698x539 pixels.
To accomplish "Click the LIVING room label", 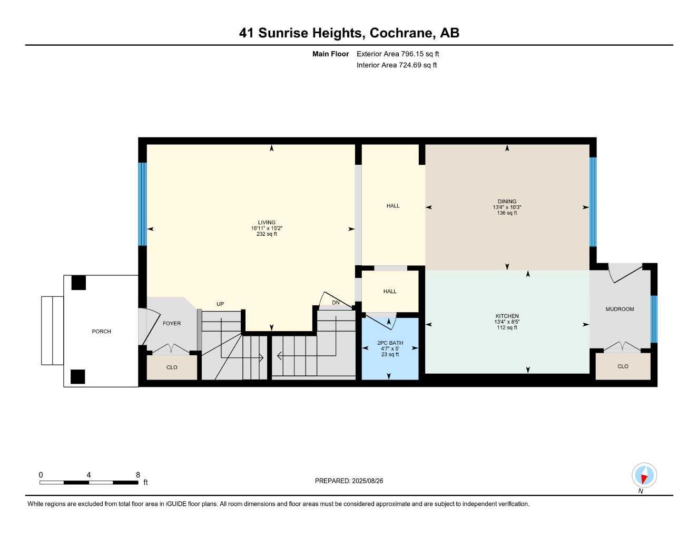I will [x=267, y=222].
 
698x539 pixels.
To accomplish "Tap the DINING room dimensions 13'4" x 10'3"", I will [x=507, y=207].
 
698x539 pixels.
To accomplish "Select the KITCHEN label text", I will [x=507, y=316].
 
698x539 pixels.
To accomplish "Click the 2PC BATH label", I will [x=390, y=343].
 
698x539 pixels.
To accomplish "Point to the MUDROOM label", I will [x=620, y=309].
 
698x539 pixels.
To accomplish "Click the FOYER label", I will [x=172, y=323].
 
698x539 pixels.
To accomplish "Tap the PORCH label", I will [x=101, y=331].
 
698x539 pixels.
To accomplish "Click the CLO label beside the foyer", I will [x=172, y=367].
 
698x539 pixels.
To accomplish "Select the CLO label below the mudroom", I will [x=623, y=366].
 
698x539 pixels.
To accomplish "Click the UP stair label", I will [x=220, y=304].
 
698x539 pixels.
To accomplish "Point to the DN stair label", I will [x=336, y=302].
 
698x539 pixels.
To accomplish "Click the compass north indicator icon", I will [x=644, y=475].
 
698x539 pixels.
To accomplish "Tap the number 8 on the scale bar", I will [x=138, y=475].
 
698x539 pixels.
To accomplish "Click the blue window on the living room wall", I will [x=142, y=204].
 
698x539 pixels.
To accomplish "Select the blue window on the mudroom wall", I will [x=654, y=319].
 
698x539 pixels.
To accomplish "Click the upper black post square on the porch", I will [x=78, y=283].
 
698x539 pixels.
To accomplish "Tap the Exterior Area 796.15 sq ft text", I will [x=398, y=54].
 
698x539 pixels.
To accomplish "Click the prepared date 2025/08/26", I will [x=368, y=481].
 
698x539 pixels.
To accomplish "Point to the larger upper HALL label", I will [x=393, y=206].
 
